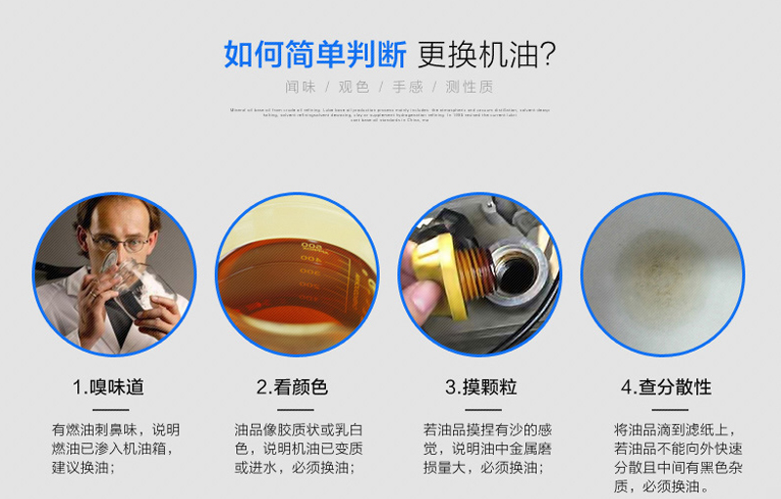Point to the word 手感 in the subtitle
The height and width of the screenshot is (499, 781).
[x=408, y=87]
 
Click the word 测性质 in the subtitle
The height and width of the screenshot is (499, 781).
[x=470, y=87]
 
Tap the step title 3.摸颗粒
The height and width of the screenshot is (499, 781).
[x=481, y=388]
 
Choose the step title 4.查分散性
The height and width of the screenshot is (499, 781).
[x=666, y=388]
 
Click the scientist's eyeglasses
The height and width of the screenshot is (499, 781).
[x=117, y=242]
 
